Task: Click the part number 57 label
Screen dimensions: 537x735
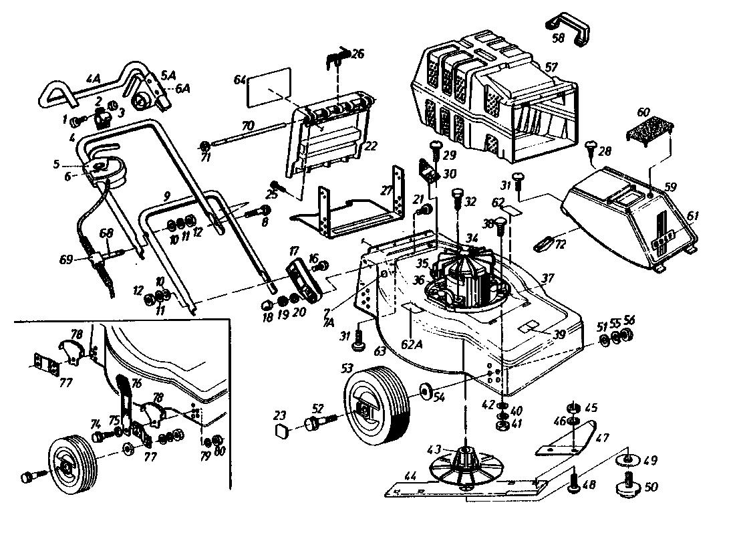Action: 551,68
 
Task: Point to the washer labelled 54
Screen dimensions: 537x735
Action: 424,391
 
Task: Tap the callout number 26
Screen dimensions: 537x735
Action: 358,53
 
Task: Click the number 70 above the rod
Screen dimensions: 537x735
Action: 247,126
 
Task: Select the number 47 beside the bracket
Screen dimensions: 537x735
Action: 602,439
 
